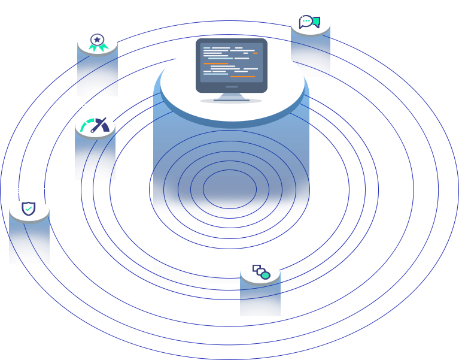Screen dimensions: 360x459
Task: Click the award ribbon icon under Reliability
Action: (x=96, y=43)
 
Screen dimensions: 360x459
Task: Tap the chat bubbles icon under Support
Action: (x=310, y=22)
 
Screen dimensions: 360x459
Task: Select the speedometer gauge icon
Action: (x=95, y=126)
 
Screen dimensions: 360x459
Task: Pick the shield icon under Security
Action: (x=28, y=209)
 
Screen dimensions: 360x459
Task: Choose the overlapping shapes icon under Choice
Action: (x=260, y=271)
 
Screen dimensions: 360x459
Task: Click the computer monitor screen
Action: (x=231, y=62)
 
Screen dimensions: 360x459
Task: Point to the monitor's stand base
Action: (x=231, y=99)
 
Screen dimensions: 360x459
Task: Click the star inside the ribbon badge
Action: (x=96, y=40)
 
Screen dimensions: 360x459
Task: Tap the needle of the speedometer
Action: (x=104, y=125)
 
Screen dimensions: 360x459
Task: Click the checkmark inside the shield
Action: (x=28, y=209)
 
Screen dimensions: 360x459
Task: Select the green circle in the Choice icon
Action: (x=265, y=275)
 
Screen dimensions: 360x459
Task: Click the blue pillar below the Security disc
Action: (x=29, y=243)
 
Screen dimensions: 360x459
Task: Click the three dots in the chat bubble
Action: (x=305, y=22)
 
